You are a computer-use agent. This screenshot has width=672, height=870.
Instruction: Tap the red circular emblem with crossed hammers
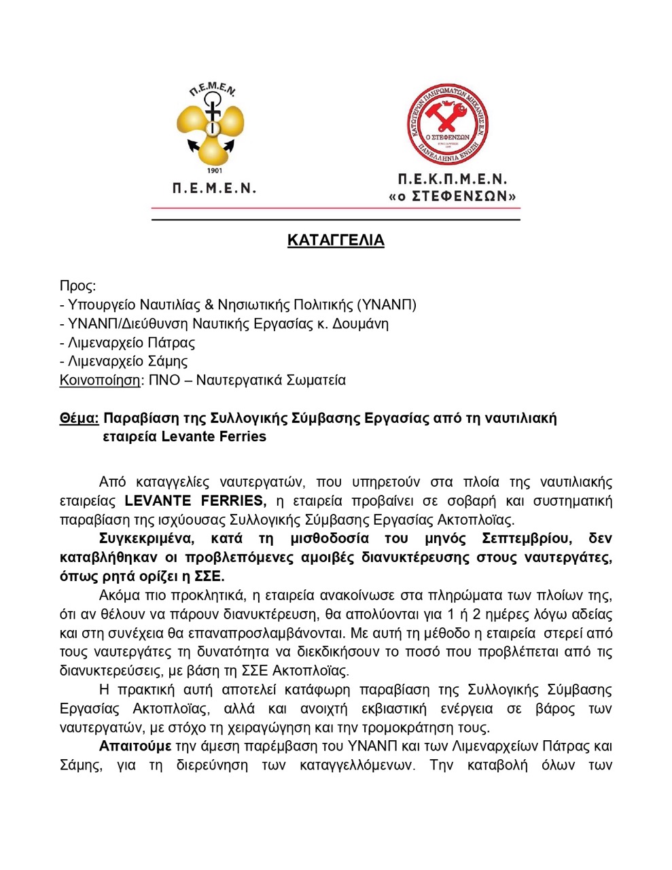448,124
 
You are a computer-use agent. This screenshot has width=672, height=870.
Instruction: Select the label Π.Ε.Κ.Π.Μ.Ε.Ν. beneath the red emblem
453,179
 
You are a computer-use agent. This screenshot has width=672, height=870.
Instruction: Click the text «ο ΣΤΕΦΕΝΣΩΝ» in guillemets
453,196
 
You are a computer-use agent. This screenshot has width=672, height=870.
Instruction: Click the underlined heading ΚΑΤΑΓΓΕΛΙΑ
336,241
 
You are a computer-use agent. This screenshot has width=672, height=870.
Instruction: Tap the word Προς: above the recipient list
78,285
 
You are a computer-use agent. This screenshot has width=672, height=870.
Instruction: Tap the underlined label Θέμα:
79,418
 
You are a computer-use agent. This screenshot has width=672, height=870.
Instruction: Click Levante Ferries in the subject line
213,436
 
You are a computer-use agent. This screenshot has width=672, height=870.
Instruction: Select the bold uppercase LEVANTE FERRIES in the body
195,501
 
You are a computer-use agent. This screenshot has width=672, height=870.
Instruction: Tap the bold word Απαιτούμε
135,746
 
